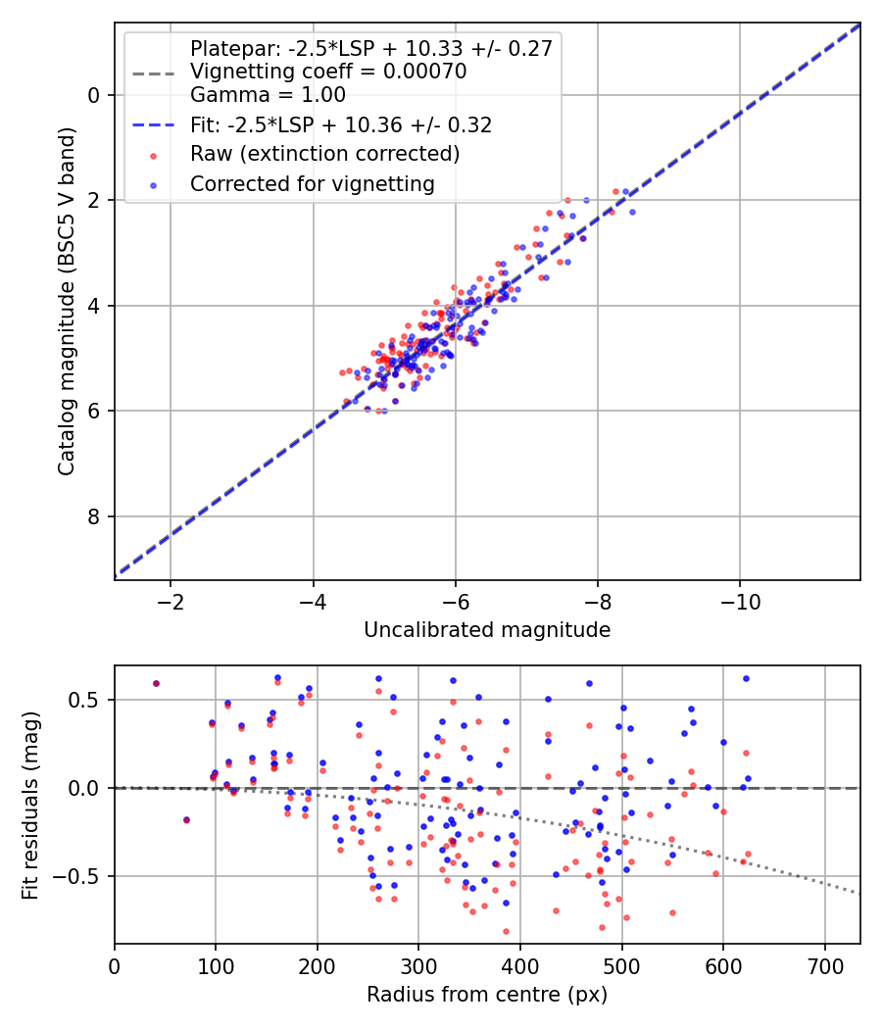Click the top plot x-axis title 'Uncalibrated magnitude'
pyautogui.click(x=487, y=630)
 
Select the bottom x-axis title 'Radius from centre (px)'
pyautogui.click(x=487, y=995)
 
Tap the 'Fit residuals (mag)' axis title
pyautogui.click(x=30, y=805)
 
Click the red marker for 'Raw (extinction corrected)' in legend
pyautogui.click(x=152, y=155)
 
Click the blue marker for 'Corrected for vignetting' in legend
pyautogui.click(x=152, y=184)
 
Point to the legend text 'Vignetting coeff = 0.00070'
pyautogui.click(x=328, y=72)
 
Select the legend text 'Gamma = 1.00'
pyautogui.click(x=268, y=96)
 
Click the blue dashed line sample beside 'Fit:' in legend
pyautogui.click(x=152, y=125)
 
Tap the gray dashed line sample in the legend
pyautogui.click(x=152, y=73)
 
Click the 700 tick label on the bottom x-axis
pyautogui.click(x=824, y=965)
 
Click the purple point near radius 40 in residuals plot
pyautogui.click(x=156, y=683)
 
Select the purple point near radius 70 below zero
pyautogui.click(x=186, y=819)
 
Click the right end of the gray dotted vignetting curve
pyautogui.click(x=859, y=893)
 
